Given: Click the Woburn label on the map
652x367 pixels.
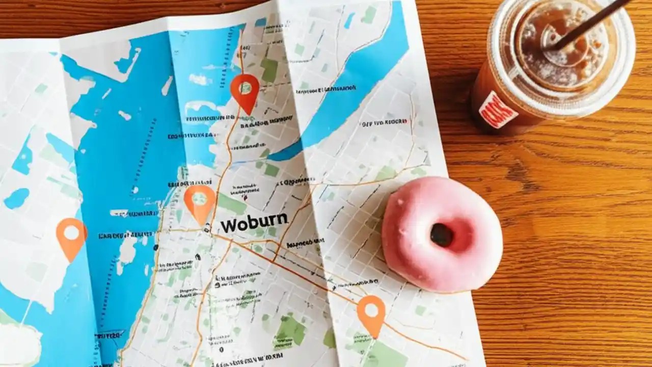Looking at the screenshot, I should click(x=254, y=223).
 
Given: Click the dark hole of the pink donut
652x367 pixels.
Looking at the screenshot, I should click(x=442, y=235).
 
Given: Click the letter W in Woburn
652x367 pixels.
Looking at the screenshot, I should click(x=227, y=225).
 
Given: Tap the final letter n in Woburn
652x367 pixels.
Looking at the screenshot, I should click(x=282, y=220).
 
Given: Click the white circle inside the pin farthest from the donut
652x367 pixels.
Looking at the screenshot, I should click(x=71, y=232).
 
